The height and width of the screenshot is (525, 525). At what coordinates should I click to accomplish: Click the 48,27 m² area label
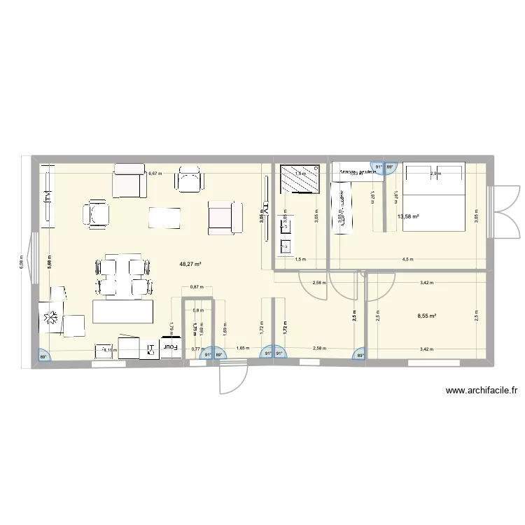coord(190,265)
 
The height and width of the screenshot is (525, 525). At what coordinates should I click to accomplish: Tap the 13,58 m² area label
coord(408,217)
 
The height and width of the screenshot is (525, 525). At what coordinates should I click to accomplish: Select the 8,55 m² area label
coord(426,316)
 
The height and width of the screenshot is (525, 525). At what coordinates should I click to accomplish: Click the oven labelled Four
coord(171,346)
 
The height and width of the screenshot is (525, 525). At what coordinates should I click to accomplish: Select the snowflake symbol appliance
coord(51,319)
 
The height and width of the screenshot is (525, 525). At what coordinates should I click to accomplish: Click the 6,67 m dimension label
coord(154,174)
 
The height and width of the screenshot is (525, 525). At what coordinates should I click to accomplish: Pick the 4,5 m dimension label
coord(407,259)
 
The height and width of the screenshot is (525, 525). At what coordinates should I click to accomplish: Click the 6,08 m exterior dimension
coord(22,261)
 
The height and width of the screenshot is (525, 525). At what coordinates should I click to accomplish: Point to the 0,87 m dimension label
coord(197,287)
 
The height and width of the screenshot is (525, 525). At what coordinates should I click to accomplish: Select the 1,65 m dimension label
coord(242,348)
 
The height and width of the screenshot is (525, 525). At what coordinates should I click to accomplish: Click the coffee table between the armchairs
coord(165,217)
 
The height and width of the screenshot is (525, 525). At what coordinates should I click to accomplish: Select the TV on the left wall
coord(48,197)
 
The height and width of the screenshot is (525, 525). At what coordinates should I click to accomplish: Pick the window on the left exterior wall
coord(31,260)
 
